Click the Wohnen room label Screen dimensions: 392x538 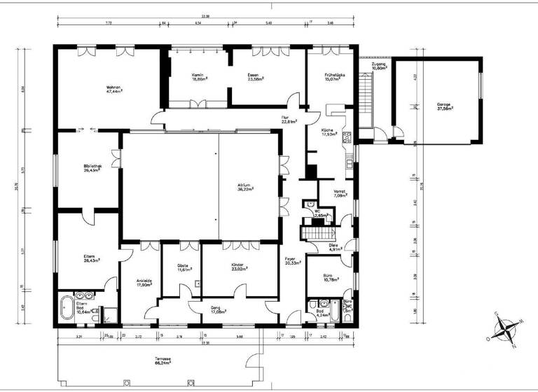tap(114, 89)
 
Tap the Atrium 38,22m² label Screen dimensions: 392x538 tap(245, 187)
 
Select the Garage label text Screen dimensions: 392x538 tap(443, 106)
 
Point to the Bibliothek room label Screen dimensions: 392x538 tap(93, 167)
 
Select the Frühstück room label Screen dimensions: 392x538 tap(332, 77)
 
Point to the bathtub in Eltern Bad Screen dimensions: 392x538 tap(67, 307)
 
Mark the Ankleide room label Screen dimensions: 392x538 tap(144, 283)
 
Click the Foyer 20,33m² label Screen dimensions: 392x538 tap(292, 262)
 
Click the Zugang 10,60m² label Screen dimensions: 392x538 tap(379, 66)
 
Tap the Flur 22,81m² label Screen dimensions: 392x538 tap(287, 120)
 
